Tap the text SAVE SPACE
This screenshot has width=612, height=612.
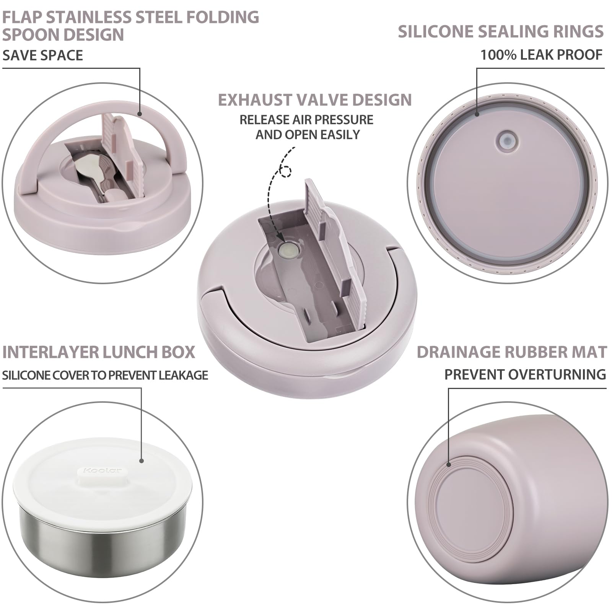click(x=42, y=55)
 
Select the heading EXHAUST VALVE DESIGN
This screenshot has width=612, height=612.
click(x=314, y=100)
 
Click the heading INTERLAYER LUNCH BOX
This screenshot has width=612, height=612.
click(x=99, y=352)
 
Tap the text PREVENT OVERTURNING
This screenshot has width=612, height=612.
click(x=525, y=374)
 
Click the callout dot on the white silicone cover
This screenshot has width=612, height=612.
click(x=141, y=461)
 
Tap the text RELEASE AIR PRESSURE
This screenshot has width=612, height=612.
click(x=306, y=120)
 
